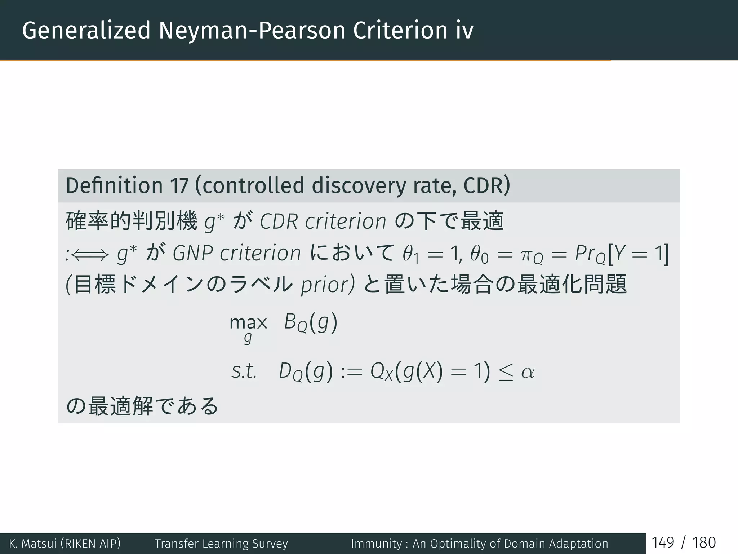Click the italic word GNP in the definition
(x=192, y=253)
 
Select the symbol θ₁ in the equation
(x=411, y=254)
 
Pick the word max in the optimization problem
(x=248, y=322)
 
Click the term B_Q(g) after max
(x=311, y=322)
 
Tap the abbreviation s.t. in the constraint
(x=244, y=371)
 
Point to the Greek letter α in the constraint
(x=528, y=372)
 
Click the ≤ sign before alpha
(x=506, y=373)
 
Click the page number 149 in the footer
(x=663, y=543)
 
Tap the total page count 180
(x=704, y=543)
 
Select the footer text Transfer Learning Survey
(x=221, y=544)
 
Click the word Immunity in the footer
(x=376, y=544)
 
